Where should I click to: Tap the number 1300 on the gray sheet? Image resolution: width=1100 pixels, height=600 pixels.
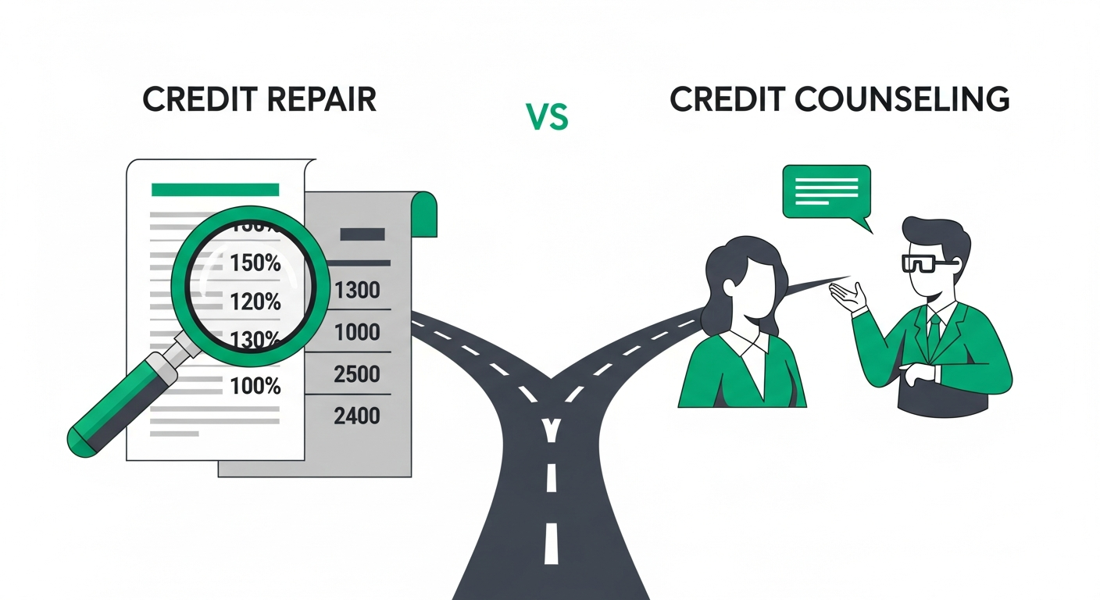pos(356,291)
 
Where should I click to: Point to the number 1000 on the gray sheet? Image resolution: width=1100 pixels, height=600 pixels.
pos(356,333)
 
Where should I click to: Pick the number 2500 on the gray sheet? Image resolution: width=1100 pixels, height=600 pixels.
pos(356,374)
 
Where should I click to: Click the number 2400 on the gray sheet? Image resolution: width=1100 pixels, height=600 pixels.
pos(356,415)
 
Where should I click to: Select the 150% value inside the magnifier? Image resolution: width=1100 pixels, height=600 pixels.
pos(255,263)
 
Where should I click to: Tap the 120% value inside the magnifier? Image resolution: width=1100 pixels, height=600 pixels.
pos(255,301)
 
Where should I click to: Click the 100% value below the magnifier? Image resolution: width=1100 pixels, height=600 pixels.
pos(255,385)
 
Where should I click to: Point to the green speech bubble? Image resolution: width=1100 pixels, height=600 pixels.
pos(827,191)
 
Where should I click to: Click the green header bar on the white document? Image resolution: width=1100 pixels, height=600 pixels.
pos(215,189)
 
